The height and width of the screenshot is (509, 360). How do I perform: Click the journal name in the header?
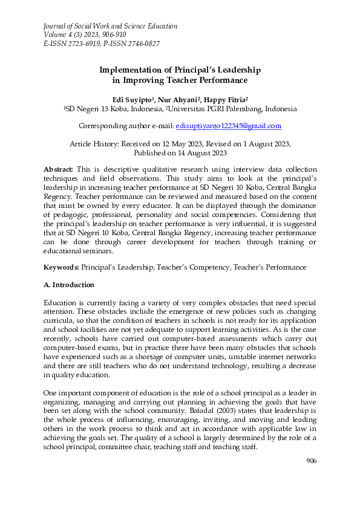point(110,27)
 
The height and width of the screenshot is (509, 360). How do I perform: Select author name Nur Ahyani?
point(177,99)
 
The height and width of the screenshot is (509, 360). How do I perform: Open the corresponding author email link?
point(228,126)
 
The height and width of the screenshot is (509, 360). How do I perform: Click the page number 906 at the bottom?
point(311,478)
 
